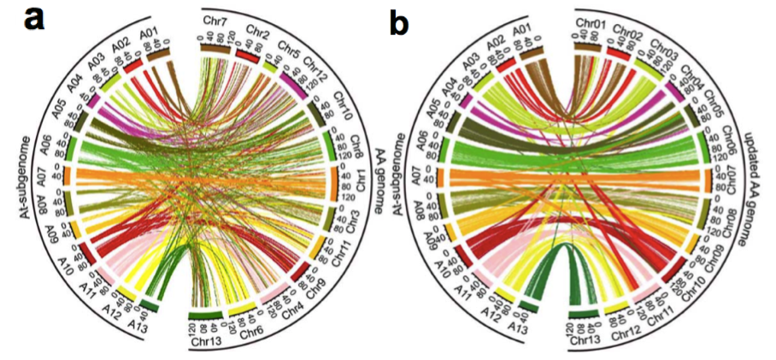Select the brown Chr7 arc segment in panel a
[x=218, y=48]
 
